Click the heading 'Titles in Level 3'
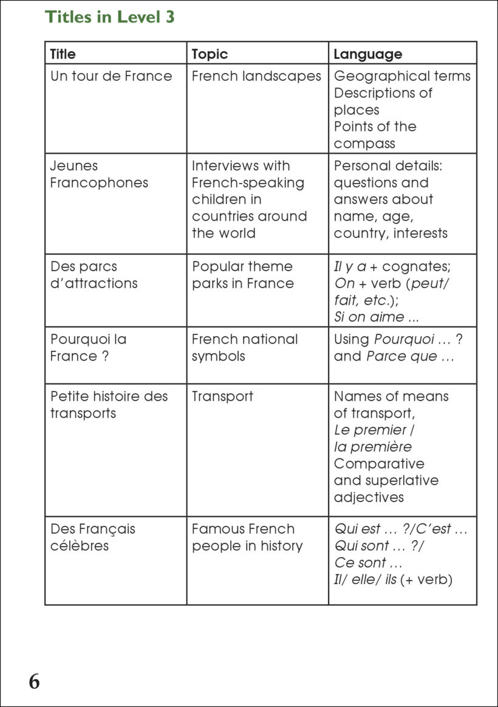pyautogui.click(x=110, y=17)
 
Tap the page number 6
pyautogui.click(x=34, y=681)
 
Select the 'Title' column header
pyautogui.click(x=63, y=54)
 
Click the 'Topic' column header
pyautogui.click(x=210, y=54)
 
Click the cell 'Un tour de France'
pyautogui.click(x=111, y=76)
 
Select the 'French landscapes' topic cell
pyautogui.click(x=256, y=76)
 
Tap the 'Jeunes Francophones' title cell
pyautogui.click(x=99, y=174)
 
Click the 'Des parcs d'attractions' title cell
pyautogui.click(x=94, y=275)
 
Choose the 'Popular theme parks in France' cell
pyautogui.click(x=243, y=275)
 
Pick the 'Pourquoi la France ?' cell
pyautogui.click(x=89, y=348)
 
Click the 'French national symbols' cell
pyautogui.click(x=245, y=348)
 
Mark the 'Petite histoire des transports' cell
pyautogui.click(x=109, y=405)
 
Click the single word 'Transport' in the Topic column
pyautogui.click(x=222, y=396)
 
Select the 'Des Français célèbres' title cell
pyautogui.click(x=93, y=537)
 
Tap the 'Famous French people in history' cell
pyautogui.click(x=247, y=537)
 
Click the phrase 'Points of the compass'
pyautogui.click(x=375, y=135)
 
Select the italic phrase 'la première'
pyautogui.click(x=373, y=447)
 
